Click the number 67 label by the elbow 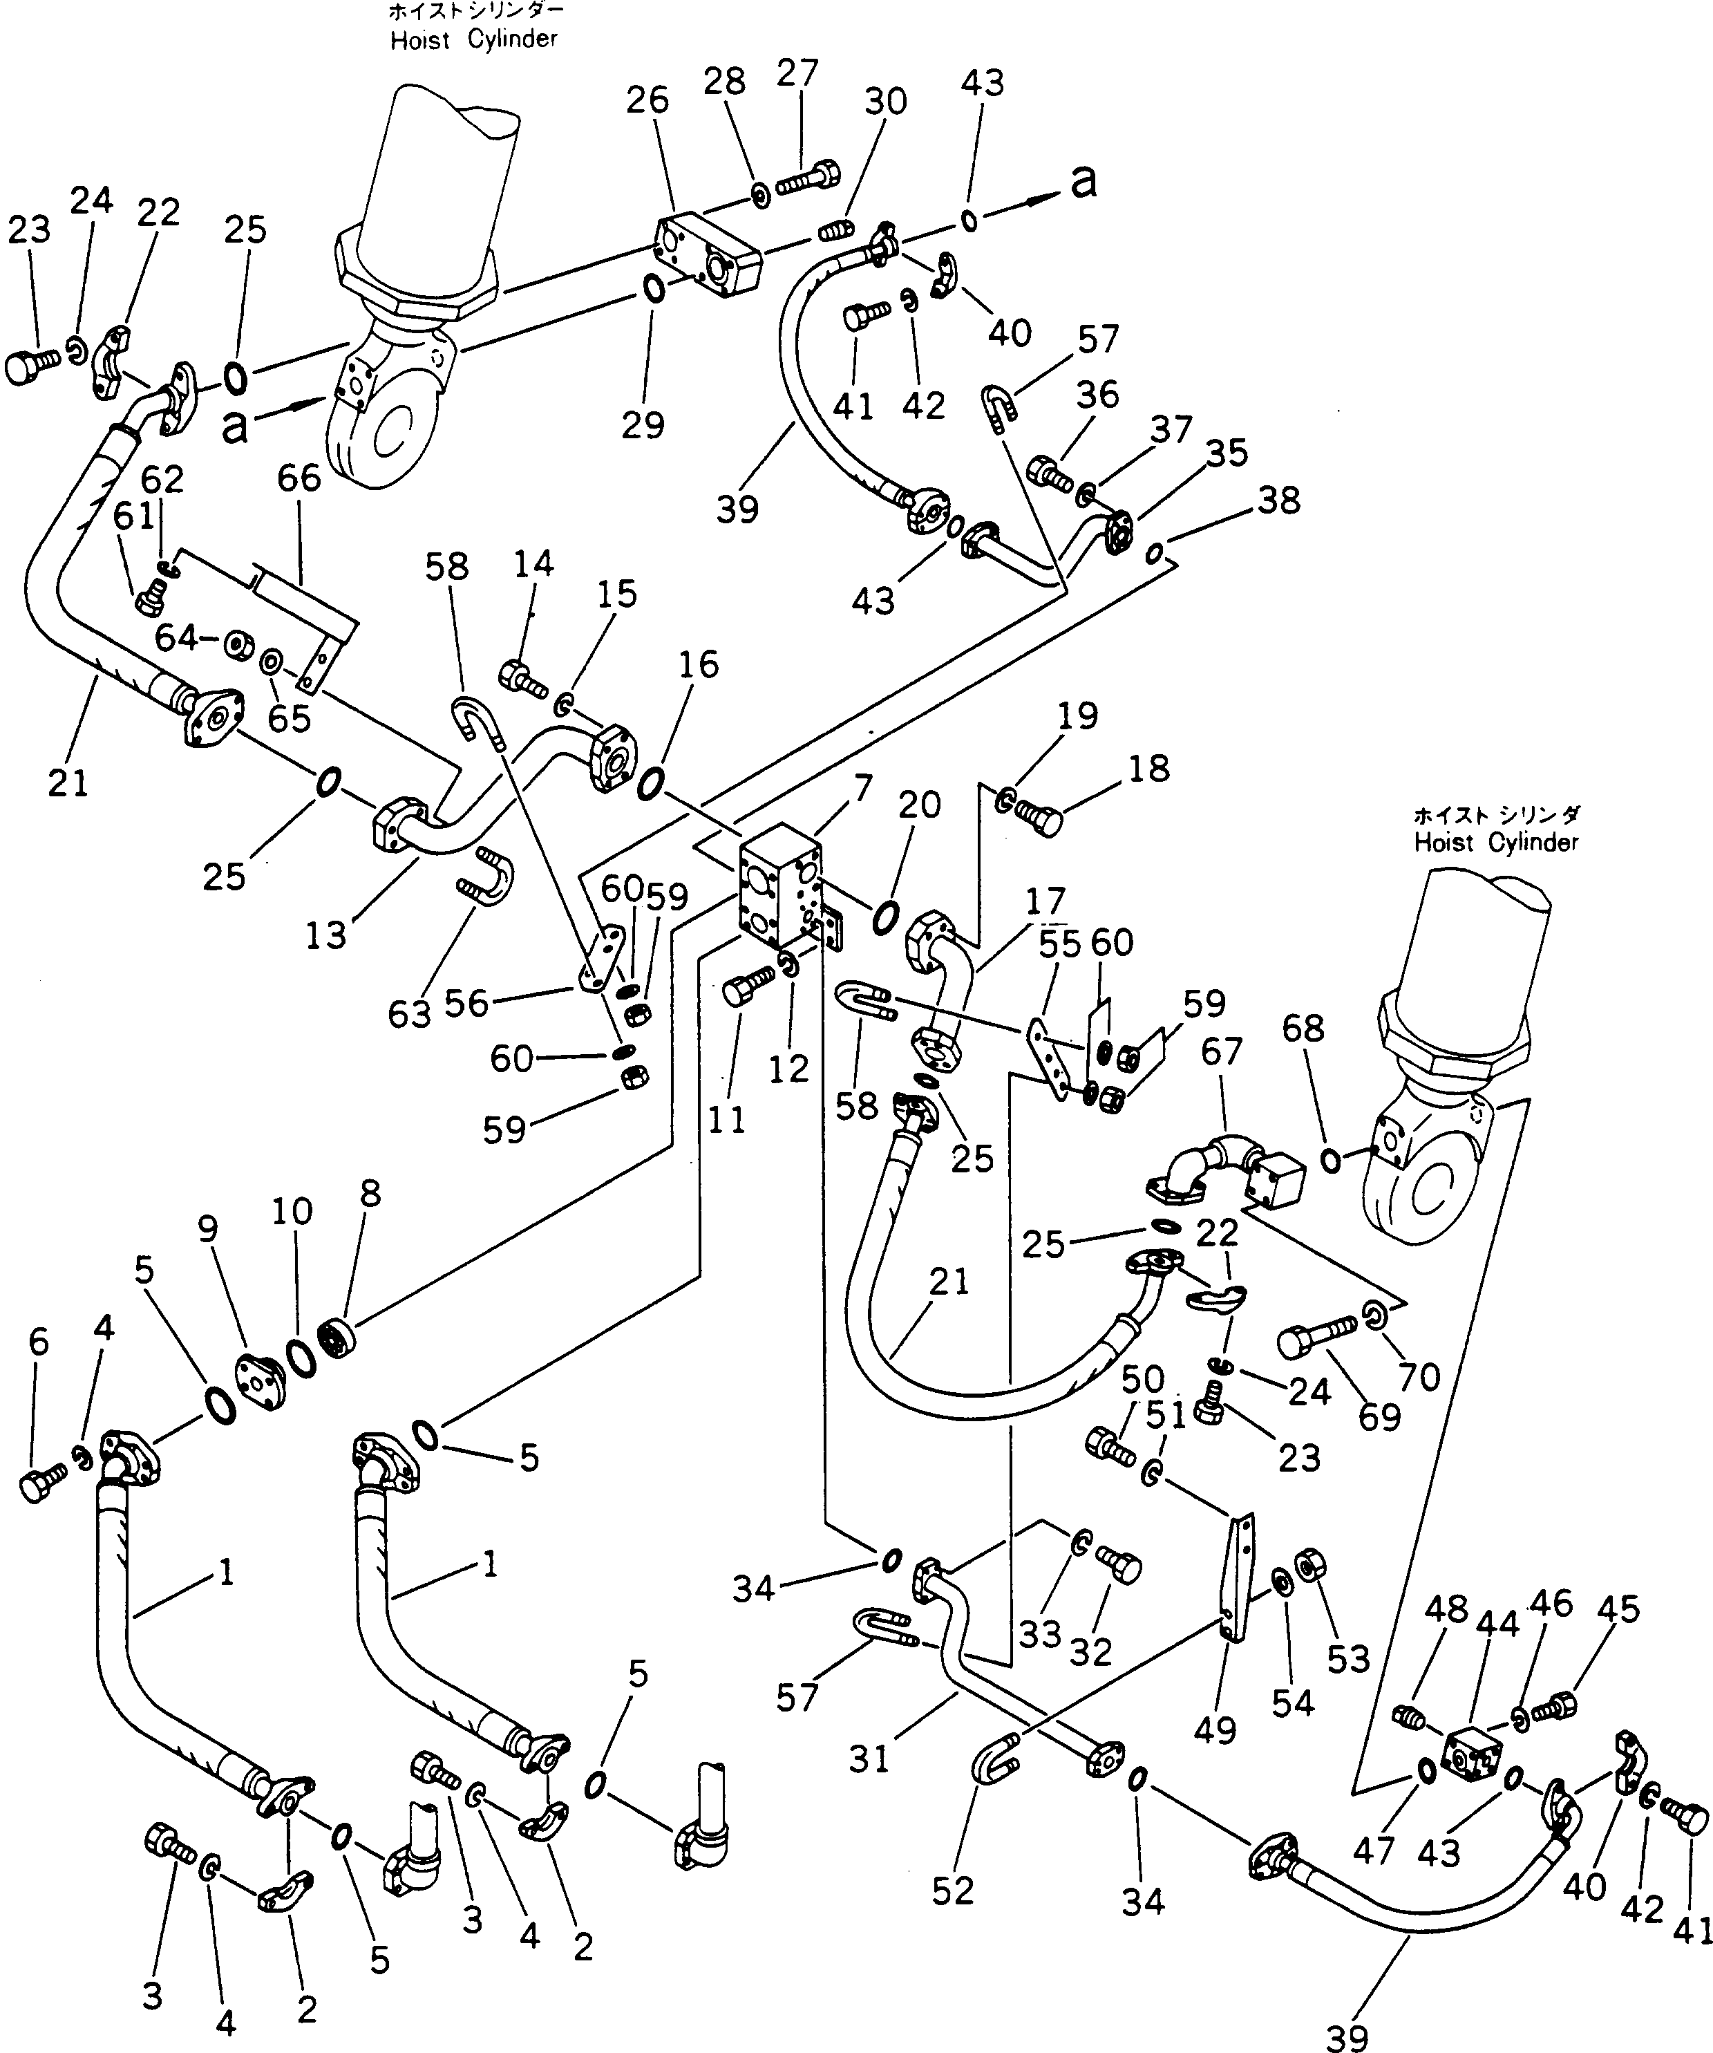1222,1051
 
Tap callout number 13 325,935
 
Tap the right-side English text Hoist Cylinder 1496,843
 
